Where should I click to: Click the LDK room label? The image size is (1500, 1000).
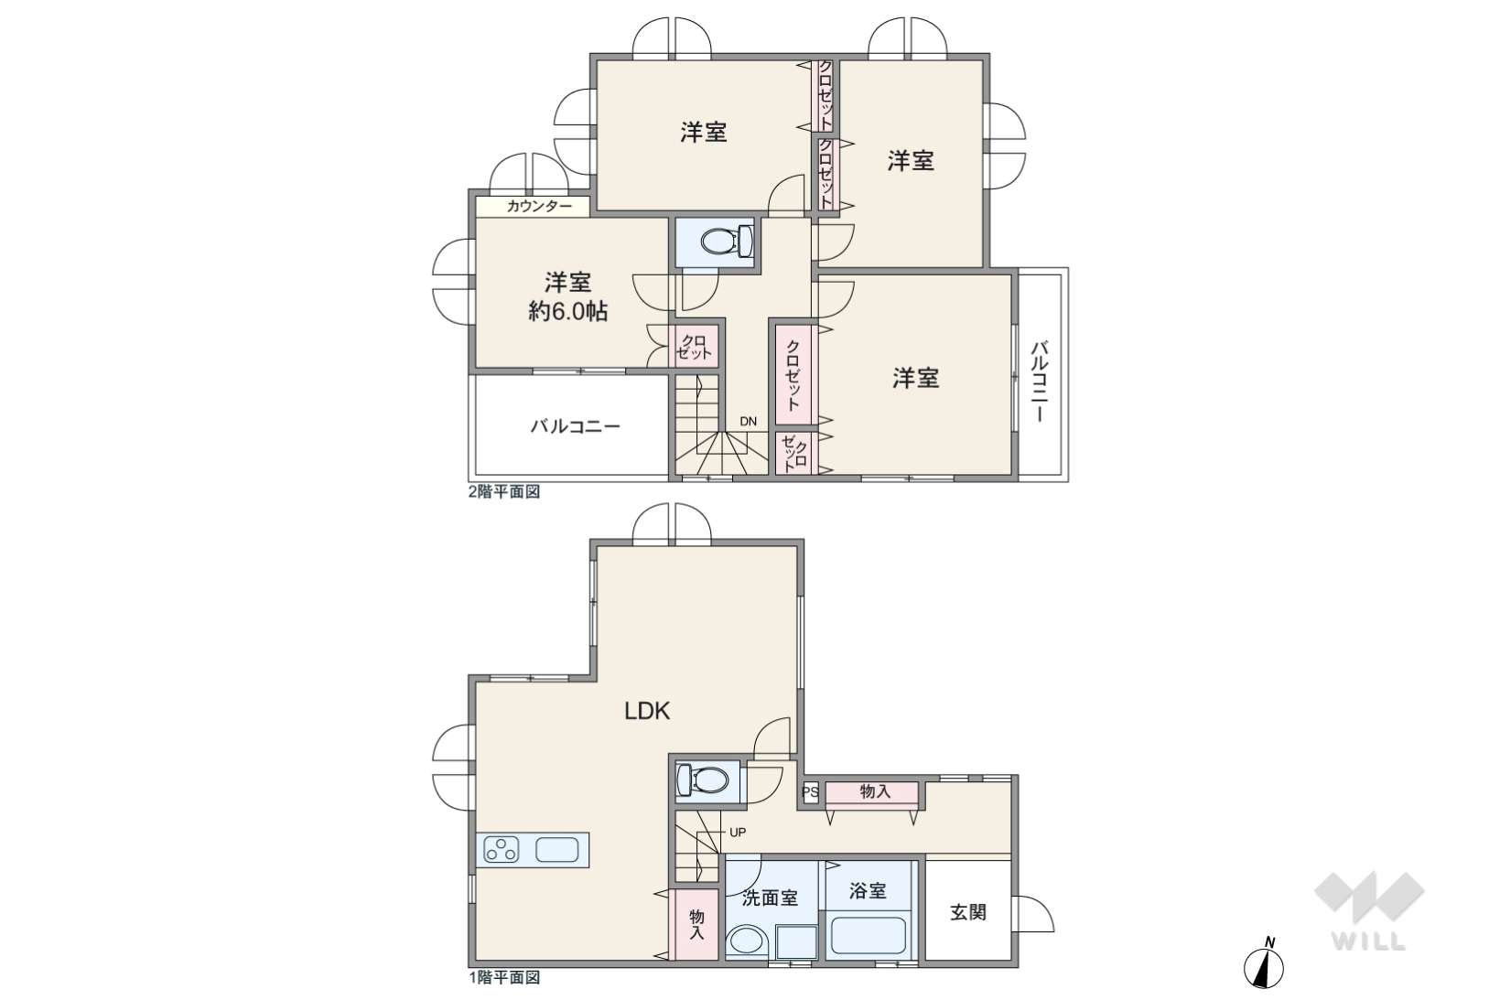click(x=647, y=712)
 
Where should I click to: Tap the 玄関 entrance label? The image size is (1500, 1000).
click(x=968, y=911)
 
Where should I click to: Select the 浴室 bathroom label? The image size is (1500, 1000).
click(x=868, y=890)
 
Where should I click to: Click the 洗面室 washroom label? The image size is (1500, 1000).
click(x=770, y=898)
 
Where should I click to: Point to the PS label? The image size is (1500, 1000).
click(x=810, y=792)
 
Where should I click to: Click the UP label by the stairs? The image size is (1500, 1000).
click(x=738, y=833)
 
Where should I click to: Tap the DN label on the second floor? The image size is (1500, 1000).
click(x=749, y=421)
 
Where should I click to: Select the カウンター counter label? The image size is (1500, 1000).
click(x=539, y=206)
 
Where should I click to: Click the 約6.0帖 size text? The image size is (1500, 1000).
click(x=567, y=311)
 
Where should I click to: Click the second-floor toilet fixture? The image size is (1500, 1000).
click(x=727, y=242)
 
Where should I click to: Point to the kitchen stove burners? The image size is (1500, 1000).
click(x=502, y=850)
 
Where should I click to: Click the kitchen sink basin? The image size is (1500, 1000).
click(x=556, y=850)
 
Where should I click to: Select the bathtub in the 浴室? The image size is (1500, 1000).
click(x=868, y=936)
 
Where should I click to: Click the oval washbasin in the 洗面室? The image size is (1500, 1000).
click(x=747, y=941)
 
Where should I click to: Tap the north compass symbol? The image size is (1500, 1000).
click(x=1264, y=965)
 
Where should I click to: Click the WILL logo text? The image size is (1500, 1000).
click(x=1369, y=941)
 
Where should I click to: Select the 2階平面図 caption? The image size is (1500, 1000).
click(x=504, y=492)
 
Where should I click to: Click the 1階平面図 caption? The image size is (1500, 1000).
click(x=504, y=977)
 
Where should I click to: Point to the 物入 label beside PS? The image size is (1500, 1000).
click(x=875, y=791)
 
